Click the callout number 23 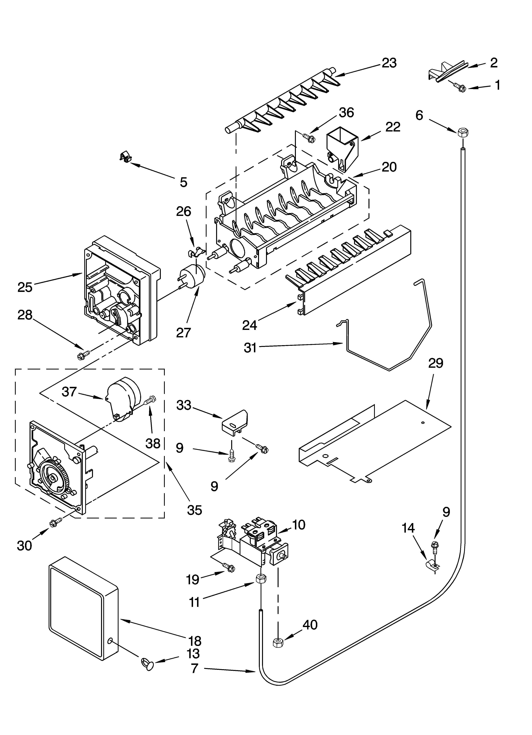click(x=389, y=63)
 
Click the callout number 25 click(x=25, y=287)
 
